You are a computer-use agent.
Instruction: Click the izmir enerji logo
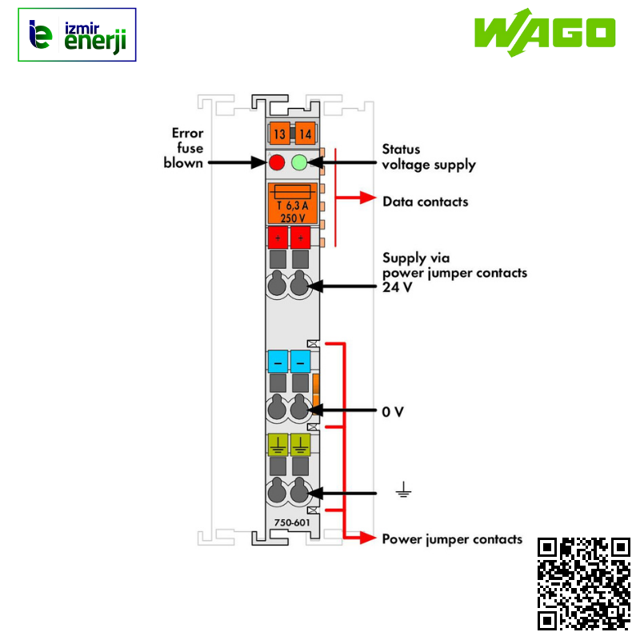77,34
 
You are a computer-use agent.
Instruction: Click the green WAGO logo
545,33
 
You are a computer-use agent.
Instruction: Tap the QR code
584,584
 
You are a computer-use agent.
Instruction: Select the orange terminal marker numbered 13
279,134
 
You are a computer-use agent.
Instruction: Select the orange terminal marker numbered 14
305,134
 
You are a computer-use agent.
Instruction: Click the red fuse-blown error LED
277,162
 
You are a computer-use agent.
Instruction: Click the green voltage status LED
299,162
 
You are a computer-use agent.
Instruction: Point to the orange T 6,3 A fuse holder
292,204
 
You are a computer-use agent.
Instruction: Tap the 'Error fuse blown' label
184,148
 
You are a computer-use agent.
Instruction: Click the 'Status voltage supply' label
429,157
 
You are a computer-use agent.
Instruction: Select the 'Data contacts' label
426,202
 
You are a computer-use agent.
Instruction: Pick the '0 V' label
393,411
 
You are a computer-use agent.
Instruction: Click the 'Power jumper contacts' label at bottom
452,539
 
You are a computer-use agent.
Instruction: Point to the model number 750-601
292,522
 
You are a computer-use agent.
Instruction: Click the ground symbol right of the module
403,490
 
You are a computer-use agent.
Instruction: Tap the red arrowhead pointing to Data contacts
368,198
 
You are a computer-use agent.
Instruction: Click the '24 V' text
397,287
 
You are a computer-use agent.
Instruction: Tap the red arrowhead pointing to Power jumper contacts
368,538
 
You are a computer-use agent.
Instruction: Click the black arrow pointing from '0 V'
342,410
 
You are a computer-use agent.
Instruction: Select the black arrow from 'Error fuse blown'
238,162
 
